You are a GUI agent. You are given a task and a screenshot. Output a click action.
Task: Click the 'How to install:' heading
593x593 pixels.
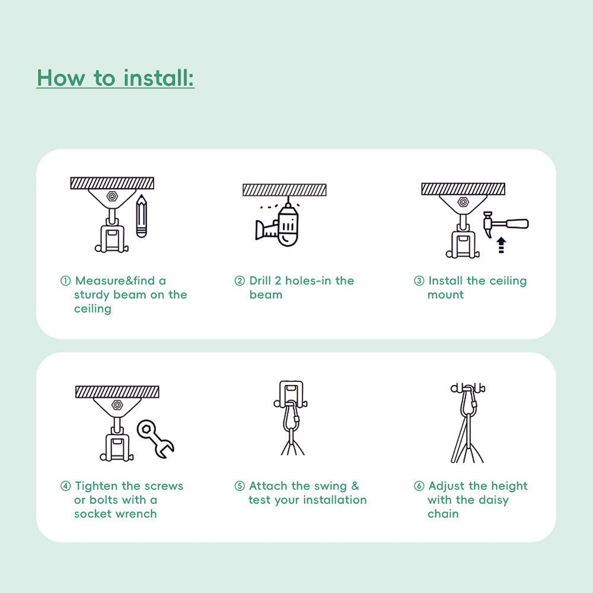[x=116, y=78]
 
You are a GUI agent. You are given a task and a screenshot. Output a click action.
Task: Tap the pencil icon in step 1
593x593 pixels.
[x=141, y=216]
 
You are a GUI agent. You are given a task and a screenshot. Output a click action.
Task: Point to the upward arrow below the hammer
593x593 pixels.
[x=501, y=245]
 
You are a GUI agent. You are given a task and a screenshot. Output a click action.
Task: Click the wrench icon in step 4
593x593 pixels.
[x=155, y=438]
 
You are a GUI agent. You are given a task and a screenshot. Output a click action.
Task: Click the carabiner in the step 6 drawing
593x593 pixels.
[x=468, y=403]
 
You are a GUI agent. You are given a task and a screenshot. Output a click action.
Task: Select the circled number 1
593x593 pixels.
[x=66, y=281]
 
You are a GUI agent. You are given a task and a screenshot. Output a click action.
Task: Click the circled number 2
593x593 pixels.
[x=240, y=281]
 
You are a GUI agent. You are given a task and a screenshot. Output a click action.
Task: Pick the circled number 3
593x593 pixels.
[x=419, y=281]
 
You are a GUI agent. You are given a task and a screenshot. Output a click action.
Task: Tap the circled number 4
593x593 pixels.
[x=66, y=486]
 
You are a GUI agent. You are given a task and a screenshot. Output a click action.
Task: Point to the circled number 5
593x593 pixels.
[x=240, y=486]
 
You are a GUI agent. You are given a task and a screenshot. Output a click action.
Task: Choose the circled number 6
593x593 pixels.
[x=419, y=486]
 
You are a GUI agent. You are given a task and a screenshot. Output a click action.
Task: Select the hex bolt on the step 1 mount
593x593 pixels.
[x=112, y=196]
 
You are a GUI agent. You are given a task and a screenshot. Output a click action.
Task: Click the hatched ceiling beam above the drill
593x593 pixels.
[x=284, y=190]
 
